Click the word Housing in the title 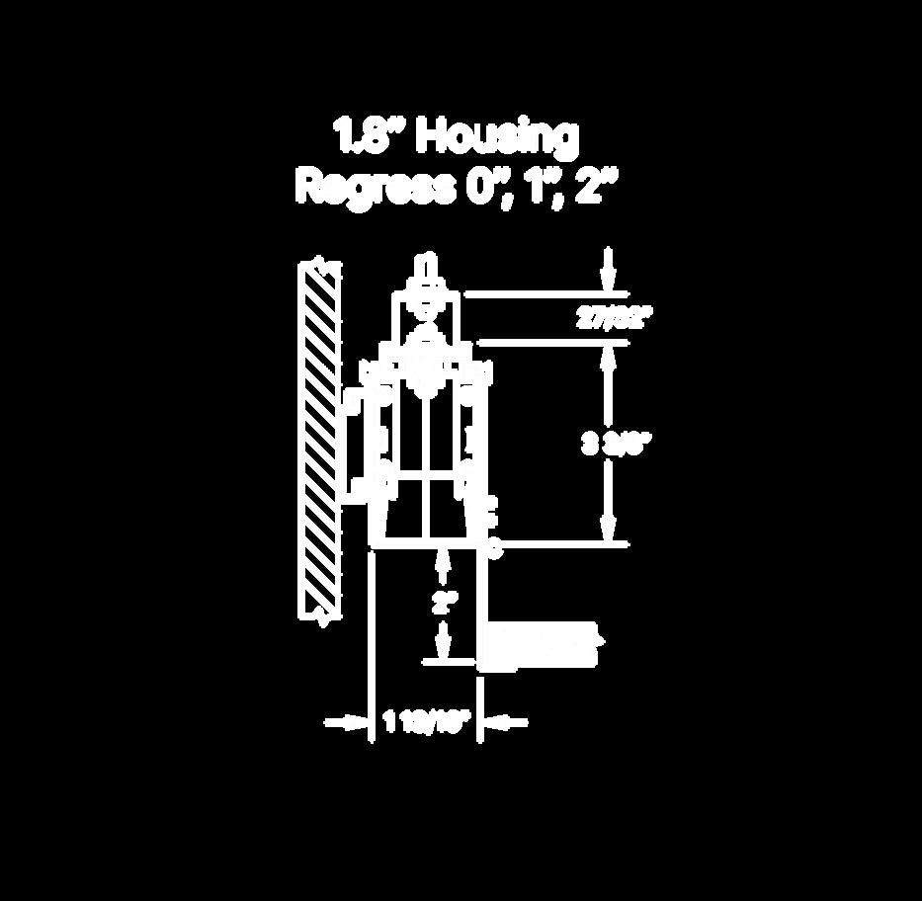pos(496,138)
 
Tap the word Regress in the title pos(376,186)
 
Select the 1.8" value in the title pos(368,136)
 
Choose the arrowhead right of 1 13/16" pos(500,724)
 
